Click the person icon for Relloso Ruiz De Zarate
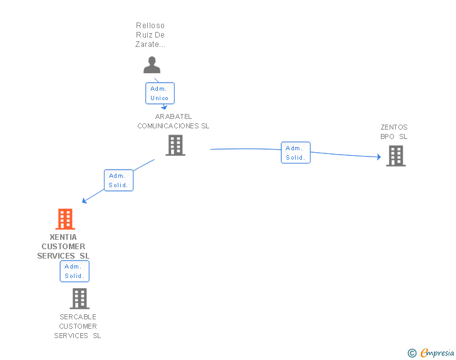(152, 64)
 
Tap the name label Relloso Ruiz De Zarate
(150, 35)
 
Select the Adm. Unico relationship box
(160, 93)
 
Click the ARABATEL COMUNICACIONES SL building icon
(175, 145)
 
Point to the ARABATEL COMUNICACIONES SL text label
(174, 121)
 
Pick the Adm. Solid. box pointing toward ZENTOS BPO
(296, 153)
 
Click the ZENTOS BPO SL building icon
(396, 155)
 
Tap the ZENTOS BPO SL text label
(394, 131)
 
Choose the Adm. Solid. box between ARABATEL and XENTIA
(118, 180)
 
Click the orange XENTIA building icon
(65, 219)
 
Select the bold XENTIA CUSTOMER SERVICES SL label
(63, 246)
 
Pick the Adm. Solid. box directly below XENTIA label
(75, 271)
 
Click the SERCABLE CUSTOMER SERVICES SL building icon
(80, 299)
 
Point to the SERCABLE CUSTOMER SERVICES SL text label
(78, 326)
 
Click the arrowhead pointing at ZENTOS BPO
(378, 157)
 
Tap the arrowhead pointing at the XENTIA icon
(85, 201)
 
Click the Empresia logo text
(437, 352)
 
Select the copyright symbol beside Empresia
(412, 353)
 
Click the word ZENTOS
(394, 127)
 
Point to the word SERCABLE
(78, 317)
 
